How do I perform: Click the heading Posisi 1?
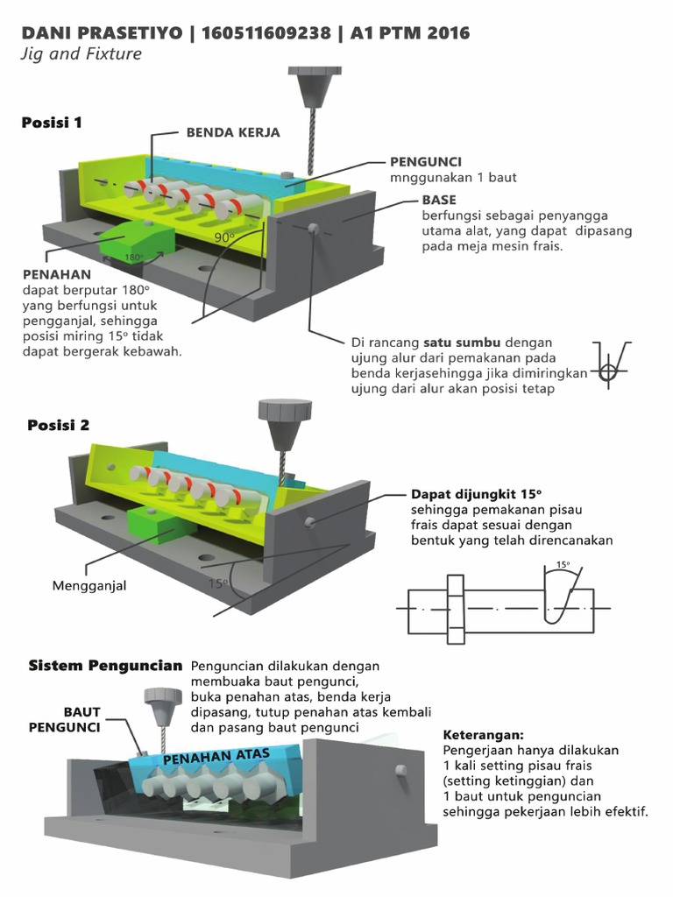pos(52,123)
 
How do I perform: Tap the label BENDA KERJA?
pos(232,132)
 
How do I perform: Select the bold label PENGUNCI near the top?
pos(426,162)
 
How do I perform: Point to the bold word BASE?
pos(438,200)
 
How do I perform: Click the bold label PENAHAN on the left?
pos(56,275)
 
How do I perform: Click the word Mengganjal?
pos(89,585)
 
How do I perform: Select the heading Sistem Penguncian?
pos(106,666)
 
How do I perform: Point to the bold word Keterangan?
pos(483,735)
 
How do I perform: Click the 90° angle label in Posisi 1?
pos(224,237)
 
